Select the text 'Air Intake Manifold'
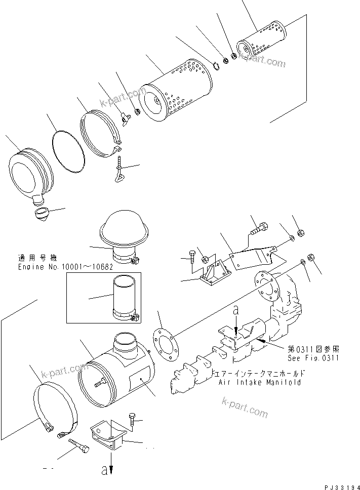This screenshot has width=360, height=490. (260, 382)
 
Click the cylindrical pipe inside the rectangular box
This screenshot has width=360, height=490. (123, 297)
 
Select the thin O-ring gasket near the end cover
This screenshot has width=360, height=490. (68, 149)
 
